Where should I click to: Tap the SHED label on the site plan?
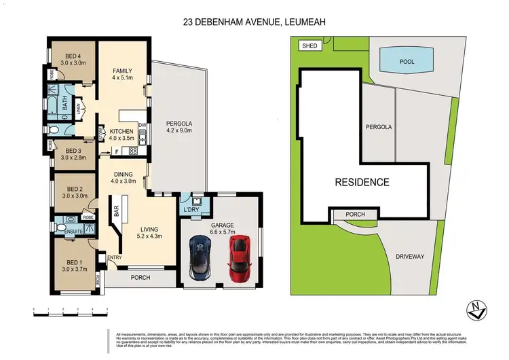pyautogui.click(x=310, y=46)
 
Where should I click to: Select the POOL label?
pyautogui.click(x=407, y=61)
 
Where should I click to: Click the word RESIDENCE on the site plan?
pyautogui.click(x=361, y=182)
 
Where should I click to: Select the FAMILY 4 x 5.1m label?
pyautogui.click(x=121, y=74)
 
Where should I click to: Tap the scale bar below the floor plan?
pyautogui.click(x=71, y=310)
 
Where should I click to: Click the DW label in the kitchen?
pyautogui.click(x=142, y=126)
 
